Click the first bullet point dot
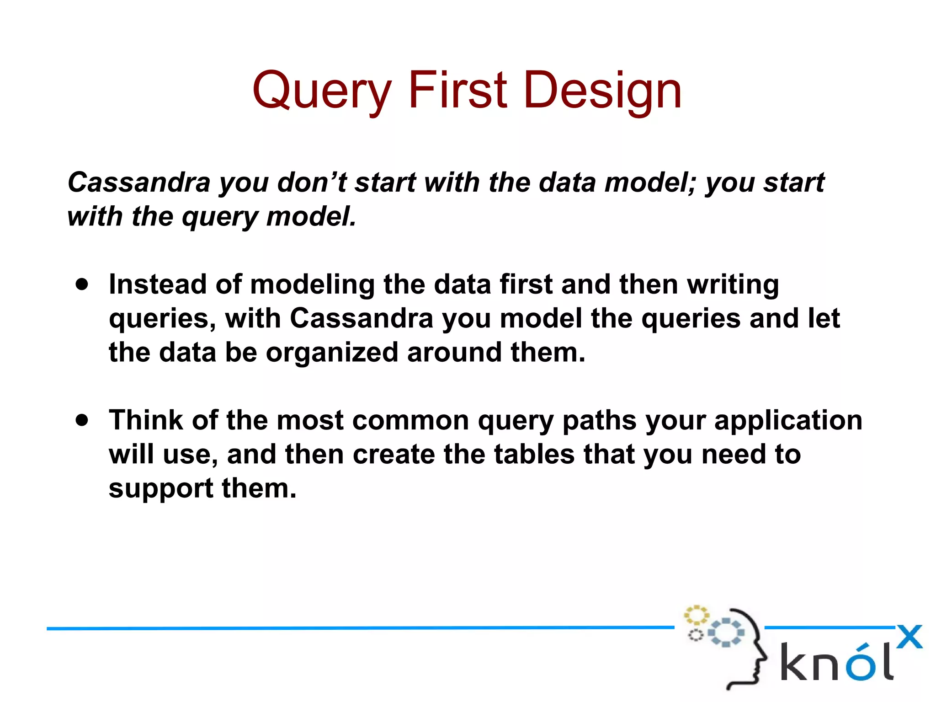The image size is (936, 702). click(x=82, y=284)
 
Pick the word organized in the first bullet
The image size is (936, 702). click(x=332, y=353)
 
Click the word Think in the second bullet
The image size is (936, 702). click(x=146, y=420)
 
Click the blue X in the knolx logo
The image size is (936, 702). click(x=909, y=637)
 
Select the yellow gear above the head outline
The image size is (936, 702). click(x=696, y=615)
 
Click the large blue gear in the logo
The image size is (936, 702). click(x=726, y=633)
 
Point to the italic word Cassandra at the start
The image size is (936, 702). click(x=139, y=182)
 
